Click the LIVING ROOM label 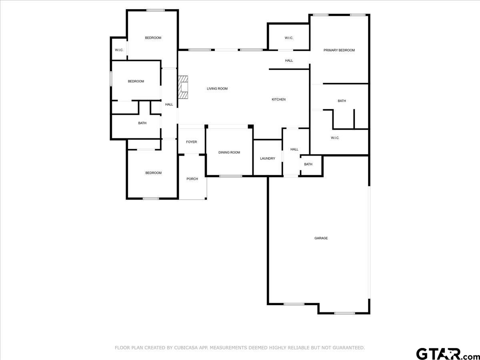pyautogui.click(x=217, y=88)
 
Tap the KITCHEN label pyautogui.click(x=278, y=100)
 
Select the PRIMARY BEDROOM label pyautogui.click(x=339, y=50)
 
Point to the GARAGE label pyautogui.click(x=321, y=238)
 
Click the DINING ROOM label pyautogui.click(x=229, y=152)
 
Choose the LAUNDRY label pyautogui.click(x=268, y=158)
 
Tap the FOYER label pyautogui.click(x=191, y=142)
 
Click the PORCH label pyautogui.click(x=192, y=179)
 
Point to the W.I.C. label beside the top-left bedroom pyautogui.click(x=119, y=50)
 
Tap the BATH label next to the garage pyautogui.click(x=308, y=164)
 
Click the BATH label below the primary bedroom pyautogui.click(x=342, y=101)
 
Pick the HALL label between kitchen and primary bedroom pyautogui.click(x=289, y=60)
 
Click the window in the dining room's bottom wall pyautogui.click(x=231, y=176)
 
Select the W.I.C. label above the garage pyautogui.click(x=335, y=138)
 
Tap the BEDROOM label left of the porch pyautogui.click(x=154, y=173)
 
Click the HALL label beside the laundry pyautogui.click(x=294, y=149)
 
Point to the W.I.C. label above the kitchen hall pyautogui.click(x=289, y=38)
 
